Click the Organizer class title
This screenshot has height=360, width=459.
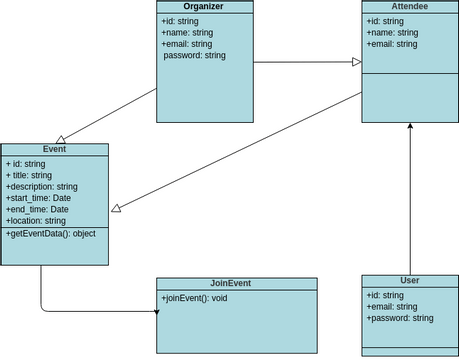(x=204, y=7)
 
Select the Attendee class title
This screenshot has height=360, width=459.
(x=409, y=7)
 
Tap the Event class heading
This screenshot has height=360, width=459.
(x=55, y=149)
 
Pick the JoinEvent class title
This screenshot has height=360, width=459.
(x=236, y=283)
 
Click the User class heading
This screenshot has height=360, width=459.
(x=409, y=282)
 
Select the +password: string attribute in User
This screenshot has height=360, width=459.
(x=399, y=318)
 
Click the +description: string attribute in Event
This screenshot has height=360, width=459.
(x=42, y=186)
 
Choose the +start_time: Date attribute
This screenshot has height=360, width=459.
(x=38, y=198)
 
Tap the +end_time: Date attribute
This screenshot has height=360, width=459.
(x=37, y=209)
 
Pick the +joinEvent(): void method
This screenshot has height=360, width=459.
(x=195, y=298)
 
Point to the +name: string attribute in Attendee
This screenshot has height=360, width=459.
(x=389, y=32)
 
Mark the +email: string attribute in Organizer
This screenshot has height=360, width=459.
(x=187, y=44)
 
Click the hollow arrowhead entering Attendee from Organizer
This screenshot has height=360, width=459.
(x=356, y=63)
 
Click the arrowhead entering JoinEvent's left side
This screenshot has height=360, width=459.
(x=155, y=312)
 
